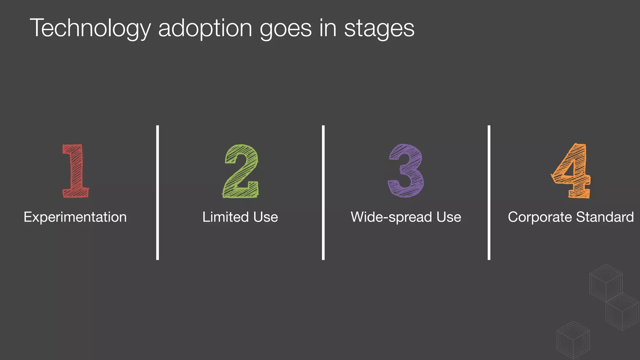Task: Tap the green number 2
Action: pyautogui.click(x=241, y=171)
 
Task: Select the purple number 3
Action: pyautogui.click(x=406, y=171)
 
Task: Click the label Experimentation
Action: pyautogui.click(x=75, y=217)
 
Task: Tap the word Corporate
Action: pyautogui.click(x=540, y=217)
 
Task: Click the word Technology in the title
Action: pyautogui.click(x=90, y=28)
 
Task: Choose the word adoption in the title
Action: pyautogui.click(x=205, y=28)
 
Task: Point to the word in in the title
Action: pyautogui.click(x=328, y=28)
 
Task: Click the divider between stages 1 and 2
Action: pyautogui.click(x=157, y=192)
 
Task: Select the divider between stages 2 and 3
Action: pyautogui.click(x=323, y=192)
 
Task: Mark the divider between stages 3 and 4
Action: pyautogui.click(x=489, y=192)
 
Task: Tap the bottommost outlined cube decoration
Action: pyautogui.click(x=573, y=340)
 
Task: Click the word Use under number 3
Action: pyautogui.click(x=449, y=217)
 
